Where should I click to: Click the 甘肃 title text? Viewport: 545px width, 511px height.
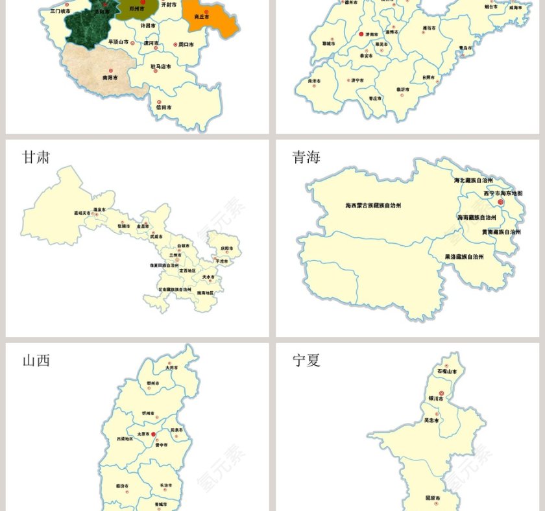(36, 158)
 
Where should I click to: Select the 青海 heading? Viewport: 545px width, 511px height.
(306, 158)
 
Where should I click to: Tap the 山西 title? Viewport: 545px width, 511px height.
(36, 361)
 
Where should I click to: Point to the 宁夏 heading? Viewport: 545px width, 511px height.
(306, 361)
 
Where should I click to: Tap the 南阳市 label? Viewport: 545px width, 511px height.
(110, 77)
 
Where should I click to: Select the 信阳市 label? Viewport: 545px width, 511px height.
(163, 107)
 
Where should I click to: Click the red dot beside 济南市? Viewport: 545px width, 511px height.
(361, 34)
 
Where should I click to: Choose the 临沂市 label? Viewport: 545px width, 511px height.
(403, 89)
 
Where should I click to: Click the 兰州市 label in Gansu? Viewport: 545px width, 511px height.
(175, 255)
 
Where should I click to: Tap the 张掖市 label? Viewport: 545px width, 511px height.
(123, 226)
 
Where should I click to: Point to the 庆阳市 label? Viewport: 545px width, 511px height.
(226, 248)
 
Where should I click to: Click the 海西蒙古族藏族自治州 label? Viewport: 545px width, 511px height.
(373, 206)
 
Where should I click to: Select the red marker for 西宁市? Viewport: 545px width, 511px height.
(500, 202)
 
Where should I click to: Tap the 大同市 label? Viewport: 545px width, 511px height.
(171, 368)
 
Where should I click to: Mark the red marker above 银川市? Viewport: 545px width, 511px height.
(441, 393)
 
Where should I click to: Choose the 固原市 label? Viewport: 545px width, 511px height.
(433, 498)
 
